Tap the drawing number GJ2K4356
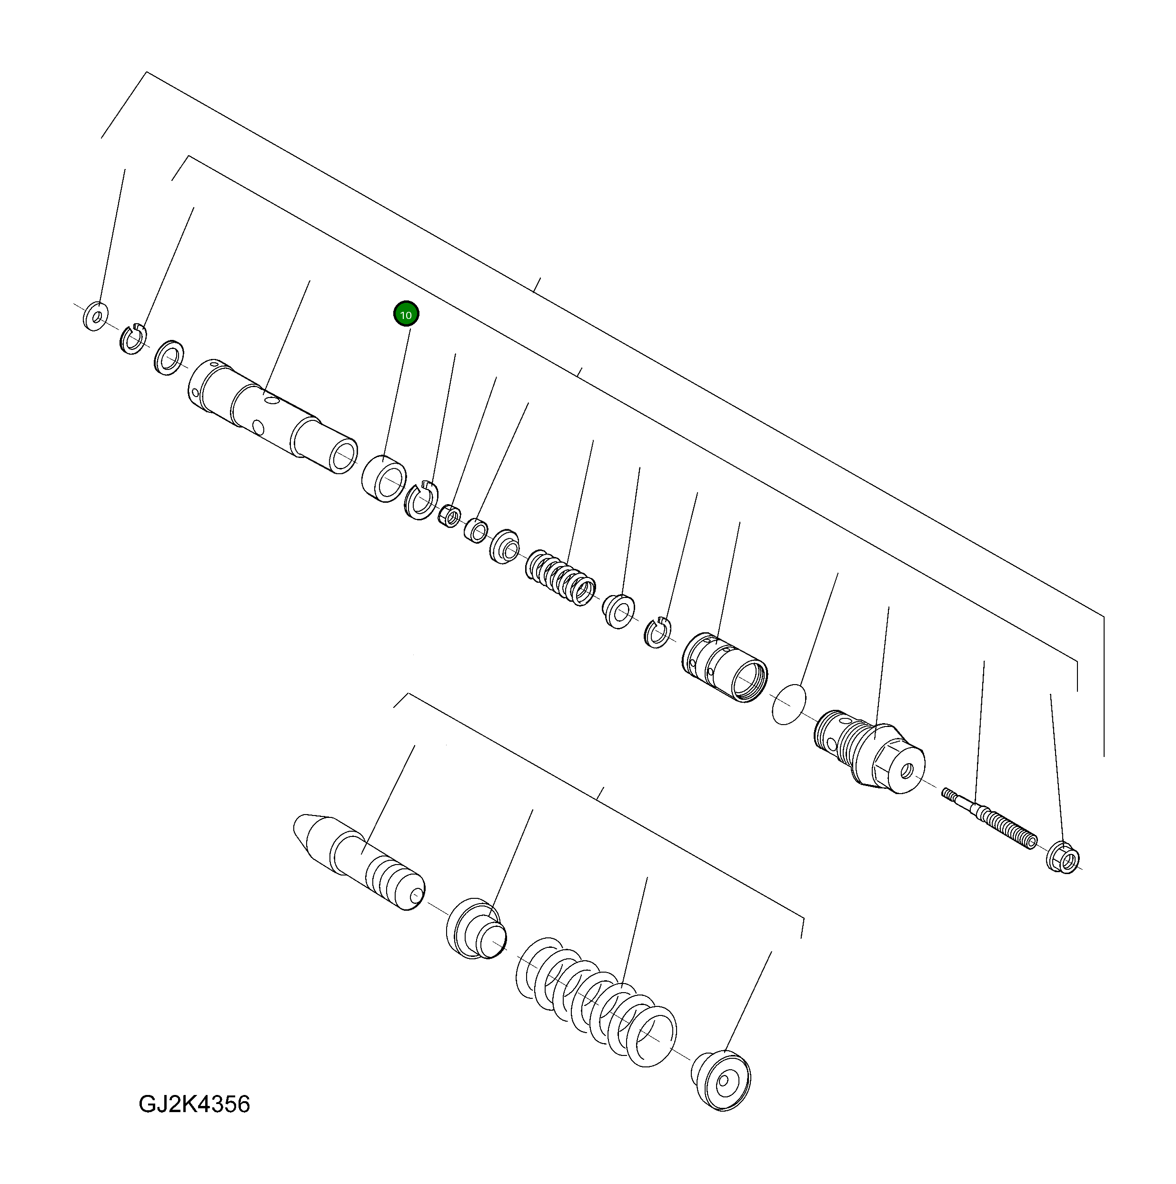[x=194, y=1104]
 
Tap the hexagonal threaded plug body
[x=870, y=751]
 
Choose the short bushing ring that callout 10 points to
[x=384, y=478]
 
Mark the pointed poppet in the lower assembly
[x=359, y=861]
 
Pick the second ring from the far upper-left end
[x=132, y=338]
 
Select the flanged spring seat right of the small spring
[x=619, y=610]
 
